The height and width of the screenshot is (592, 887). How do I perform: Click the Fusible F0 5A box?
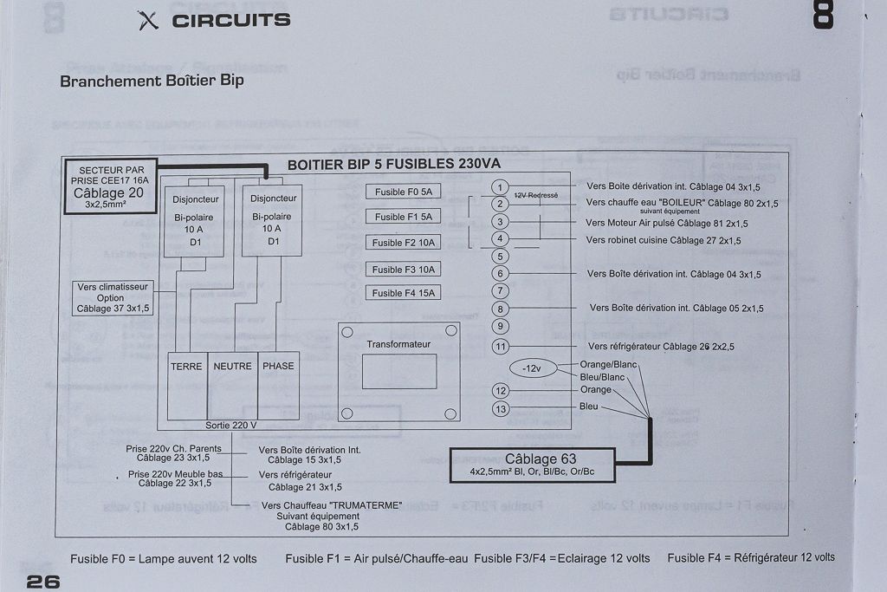[403, 192]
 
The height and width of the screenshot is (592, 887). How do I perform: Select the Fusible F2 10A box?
[403, 243]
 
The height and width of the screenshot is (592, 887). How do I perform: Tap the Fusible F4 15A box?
[403, 293]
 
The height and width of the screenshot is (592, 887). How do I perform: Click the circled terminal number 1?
[500, 187]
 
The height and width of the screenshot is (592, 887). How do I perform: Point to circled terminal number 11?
[500, 347]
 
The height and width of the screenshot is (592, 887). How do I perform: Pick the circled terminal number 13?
[500, 408]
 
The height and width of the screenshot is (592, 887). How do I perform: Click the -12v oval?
[532, 369]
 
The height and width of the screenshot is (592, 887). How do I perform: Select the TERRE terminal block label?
[186, 367]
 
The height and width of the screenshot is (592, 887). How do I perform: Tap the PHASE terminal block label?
[278, 367]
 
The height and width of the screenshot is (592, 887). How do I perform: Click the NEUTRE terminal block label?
[232, 367]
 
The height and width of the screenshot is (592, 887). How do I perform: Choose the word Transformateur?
[398, 344]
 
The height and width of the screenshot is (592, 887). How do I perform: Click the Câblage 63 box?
[532, 465]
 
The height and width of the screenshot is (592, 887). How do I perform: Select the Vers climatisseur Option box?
[113, 297]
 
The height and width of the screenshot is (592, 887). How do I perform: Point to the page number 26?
[43, 582]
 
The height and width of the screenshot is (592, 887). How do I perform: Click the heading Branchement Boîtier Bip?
[152, 81]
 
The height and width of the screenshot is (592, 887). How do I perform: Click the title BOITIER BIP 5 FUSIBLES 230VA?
[394, 164]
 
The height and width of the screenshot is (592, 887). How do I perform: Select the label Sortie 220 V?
[231, 426]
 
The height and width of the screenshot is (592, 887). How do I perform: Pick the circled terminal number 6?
[500, 274]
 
